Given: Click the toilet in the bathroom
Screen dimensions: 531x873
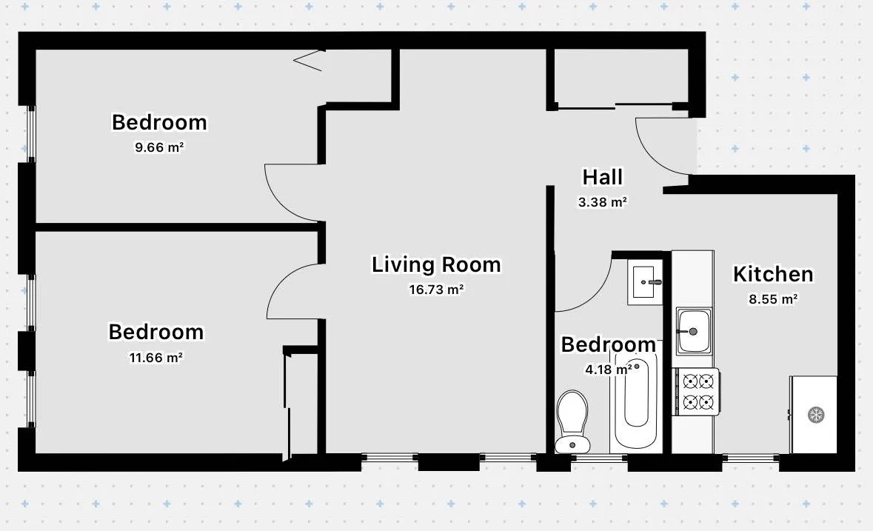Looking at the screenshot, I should tap(572, 421).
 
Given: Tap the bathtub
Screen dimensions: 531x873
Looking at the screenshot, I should tap(636, 400).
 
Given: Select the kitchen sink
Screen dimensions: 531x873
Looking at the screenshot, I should tap(694, 330).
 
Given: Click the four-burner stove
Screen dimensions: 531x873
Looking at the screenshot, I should tap(697, 392).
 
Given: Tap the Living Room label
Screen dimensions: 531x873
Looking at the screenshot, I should tap(436, 264).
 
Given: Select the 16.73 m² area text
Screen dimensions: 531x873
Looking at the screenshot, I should tap(436, 290).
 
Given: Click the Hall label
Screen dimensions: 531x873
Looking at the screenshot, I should tap(602, 177).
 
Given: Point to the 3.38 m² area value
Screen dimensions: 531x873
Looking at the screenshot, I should tap(602, 201).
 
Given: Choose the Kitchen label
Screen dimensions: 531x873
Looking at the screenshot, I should tap(772, 275).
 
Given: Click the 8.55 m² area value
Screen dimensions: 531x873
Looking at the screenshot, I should tap(772, 299).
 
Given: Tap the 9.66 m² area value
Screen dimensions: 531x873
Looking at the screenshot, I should tap(158, 147).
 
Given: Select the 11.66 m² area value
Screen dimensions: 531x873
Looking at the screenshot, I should tap(155, 357).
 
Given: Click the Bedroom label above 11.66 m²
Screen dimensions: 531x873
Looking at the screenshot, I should tap(155, 332).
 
